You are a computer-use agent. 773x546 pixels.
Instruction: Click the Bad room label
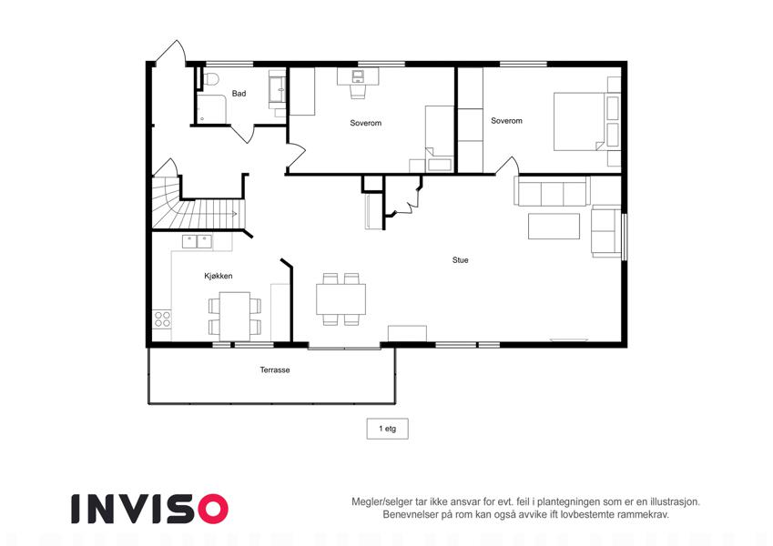click(239, 93)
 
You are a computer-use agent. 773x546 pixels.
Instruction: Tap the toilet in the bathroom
click(211, 79)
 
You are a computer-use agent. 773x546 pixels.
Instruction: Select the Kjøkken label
click(218, 276)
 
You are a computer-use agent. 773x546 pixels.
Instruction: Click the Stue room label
click(460, 259)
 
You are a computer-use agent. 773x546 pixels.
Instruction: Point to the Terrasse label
click(275, 369)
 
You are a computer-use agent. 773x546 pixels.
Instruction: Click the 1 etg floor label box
click(387, 429)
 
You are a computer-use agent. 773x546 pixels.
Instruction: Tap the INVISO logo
click(149, 509)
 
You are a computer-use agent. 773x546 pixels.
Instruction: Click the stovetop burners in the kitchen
click(162, 318)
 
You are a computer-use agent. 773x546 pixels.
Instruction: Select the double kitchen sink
click(198, 241)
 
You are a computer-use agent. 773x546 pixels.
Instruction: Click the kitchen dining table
click(235, 316)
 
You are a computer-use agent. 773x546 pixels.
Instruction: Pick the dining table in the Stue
click(341, 299)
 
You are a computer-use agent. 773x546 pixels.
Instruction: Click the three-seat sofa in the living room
click(552, 191)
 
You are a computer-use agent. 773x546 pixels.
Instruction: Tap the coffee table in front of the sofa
click(554, 227)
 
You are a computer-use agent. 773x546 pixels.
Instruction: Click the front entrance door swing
click(171, 52)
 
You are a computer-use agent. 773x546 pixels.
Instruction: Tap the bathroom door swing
click(242, 134)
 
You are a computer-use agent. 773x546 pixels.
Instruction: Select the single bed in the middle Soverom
click(439, 138)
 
